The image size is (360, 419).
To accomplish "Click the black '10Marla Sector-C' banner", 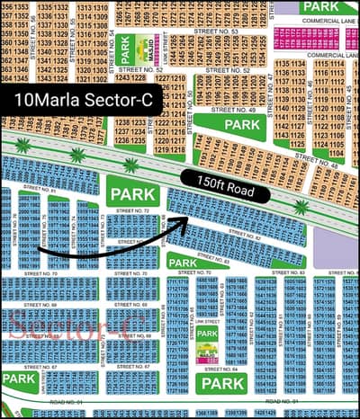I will (x=82, y=102).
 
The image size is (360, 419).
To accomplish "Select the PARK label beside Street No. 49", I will (x=241, y=124).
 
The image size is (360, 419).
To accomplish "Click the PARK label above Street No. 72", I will (x=132, y=192).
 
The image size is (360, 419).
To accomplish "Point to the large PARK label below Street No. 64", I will (x=223, y=384).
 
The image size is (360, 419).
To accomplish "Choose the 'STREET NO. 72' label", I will (x=132, y=209).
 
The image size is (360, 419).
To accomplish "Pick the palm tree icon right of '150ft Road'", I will (x=301, y=207).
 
